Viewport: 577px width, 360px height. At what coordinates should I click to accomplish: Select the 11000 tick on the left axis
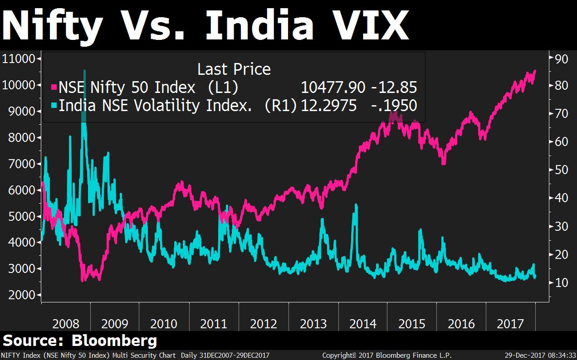click(x=19, y=58)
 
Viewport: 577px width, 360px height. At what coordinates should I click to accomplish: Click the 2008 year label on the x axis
click(x=66, y=324)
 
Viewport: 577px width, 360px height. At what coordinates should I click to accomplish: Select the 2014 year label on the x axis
click(x=363, y=324)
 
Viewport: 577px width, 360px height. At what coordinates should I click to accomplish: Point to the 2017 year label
click(x=511, y=324)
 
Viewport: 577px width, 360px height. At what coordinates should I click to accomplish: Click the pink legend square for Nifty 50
click(x=54, y=87)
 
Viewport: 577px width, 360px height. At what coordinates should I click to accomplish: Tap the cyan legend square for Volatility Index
click(x=54, y=106)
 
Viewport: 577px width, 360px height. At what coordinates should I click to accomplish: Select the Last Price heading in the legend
click(x=234, y=69)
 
